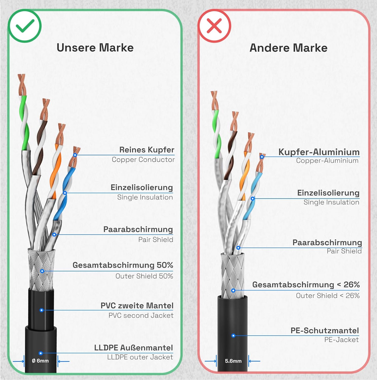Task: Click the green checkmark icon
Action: pos(25,26)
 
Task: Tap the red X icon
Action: pos(214,26)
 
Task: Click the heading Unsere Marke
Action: pos(95,48)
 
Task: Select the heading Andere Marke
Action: pos(289,48)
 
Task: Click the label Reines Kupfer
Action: pos(147,150)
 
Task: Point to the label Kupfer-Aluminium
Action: pos(319,152)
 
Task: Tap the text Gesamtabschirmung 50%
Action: pos(123,265)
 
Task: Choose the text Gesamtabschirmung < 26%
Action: pos(306,285)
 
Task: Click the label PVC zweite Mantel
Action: pos(137,306)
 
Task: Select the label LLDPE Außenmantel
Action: pos(133,348)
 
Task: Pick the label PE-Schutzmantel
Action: pos(325,331)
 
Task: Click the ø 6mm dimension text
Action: pos(40,361)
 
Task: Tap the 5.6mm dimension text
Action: pos(233,361)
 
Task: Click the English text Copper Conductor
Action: pos(143,160)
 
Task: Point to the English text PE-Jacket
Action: pos(342,340)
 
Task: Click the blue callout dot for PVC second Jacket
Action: pos(42,310)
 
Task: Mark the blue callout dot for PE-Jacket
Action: pos(233,336)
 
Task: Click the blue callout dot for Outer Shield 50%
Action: pos(42,271)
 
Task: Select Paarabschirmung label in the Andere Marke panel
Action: pos(327,242)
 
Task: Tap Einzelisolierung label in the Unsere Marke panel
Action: pos(142,187)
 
